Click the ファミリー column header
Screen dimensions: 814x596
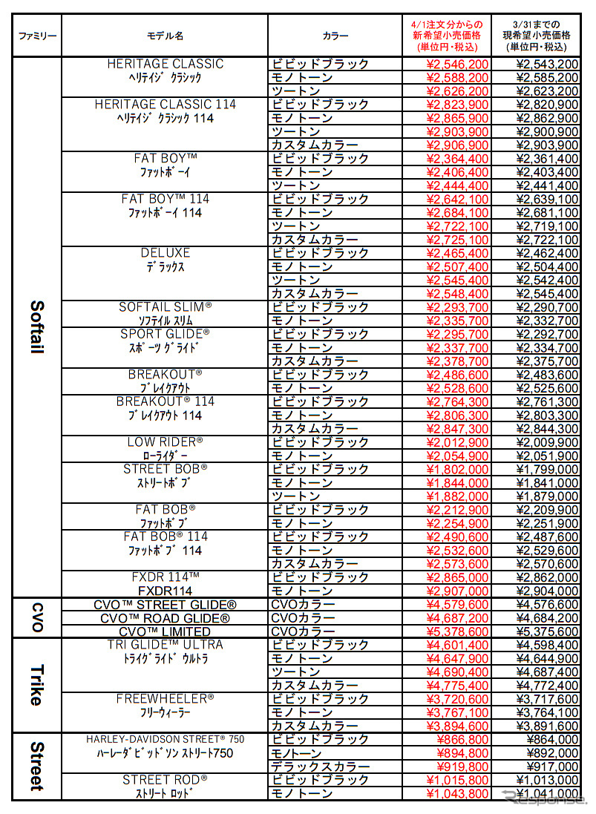tap(37, 36)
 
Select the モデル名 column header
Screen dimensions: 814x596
tap(165, 36)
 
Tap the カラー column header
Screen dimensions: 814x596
tap(335, 36)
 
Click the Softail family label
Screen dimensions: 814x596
tap(37, 326)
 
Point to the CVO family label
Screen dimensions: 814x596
tap(37, 617)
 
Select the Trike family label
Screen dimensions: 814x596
tap(37, 685)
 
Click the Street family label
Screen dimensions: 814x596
tap(37, 767)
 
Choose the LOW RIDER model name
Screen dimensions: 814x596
tap(166, 442)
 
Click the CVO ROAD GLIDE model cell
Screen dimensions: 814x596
tap(166, 618)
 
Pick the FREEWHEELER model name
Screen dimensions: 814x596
tap(166, 699)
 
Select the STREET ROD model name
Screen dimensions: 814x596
tap(166, 780)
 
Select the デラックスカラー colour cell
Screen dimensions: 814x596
tap(321, 767)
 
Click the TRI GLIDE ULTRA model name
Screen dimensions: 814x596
tap(166, 645)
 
